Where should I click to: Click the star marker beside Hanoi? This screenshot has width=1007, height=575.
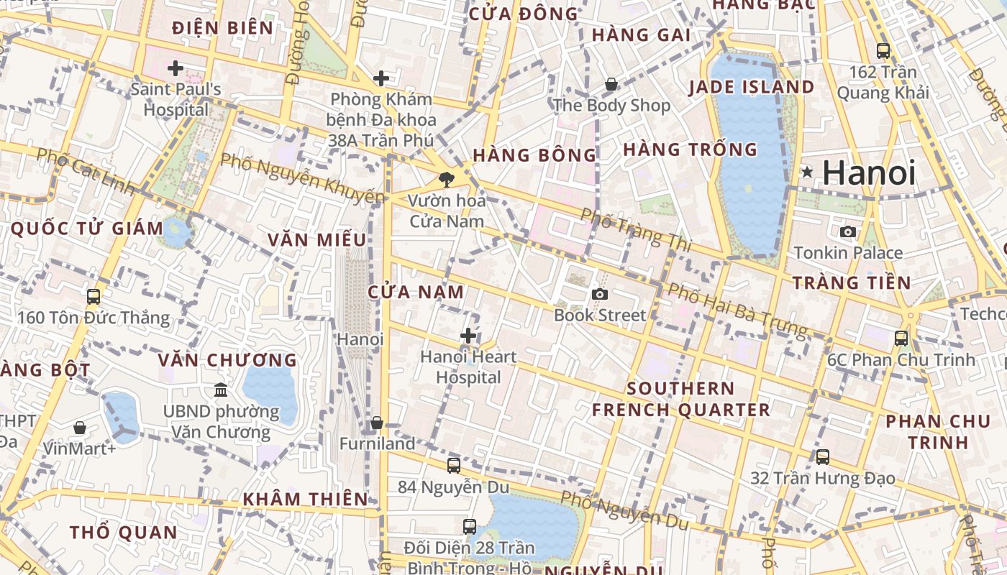[808, 172]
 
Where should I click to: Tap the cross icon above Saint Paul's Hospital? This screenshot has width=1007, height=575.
[175, 68]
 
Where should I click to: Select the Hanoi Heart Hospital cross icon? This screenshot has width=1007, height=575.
[468, 336]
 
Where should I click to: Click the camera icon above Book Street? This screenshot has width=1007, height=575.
[599, 294]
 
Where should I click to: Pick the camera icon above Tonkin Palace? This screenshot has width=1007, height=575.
[848, 231]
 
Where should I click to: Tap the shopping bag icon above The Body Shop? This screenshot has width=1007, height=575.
[611, 84]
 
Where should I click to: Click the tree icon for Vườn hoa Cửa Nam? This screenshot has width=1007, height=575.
[447, 179]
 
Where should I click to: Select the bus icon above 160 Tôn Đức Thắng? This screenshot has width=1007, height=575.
[93, 296]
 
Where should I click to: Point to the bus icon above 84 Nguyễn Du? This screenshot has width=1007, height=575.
[453, 465]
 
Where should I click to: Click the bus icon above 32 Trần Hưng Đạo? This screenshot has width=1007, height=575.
[823, 456]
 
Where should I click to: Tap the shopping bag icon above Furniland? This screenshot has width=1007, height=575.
[376, 423]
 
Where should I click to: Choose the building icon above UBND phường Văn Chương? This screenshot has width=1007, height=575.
[221, 390]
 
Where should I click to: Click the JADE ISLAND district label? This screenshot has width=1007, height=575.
[752, 88]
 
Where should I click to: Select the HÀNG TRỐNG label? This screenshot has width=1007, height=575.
[690, 149]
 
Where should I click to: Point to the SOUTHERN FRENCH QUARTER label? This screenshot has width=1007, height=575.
[680, 400]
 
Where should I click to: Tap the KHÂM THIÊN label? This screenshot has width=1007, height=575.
[305, 499]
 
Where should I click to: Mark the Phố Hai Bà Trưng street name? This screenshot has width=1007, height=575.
[737, 310]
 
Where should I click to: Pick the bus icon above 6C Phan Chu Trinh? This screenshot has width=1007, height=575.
[901, 338]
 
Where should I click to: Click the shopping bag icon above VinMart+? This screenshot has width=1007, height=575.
[80, 428]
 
